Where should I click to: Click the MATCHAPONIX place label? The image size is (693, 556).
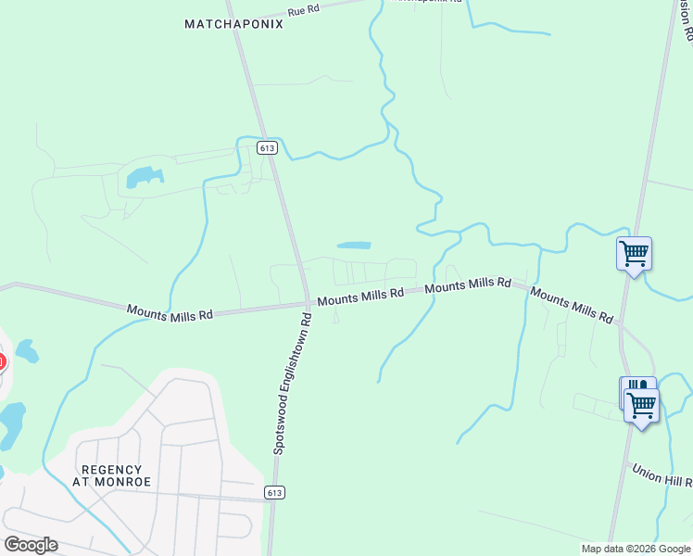click(x=233, y=24)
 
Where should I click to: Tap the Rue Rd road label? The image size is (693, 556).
click(x=303, y=11)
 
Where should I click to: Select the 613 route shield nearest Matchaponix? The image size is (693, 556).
click(x=267, y=148)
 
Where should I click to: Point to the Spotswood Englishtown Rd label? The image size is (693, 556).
click(x=291, y=382)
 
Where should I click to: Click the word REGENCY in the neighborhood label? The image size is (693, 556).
click(x=111, y=470)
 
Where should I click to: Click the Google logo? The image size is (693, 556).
click(x=31, y=544)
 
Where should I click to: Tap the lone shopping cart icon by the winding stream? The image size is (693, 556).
click(x=634, y=253)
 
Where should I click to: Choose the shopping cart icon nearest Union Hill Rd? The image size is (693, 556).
click(x=641, y=404)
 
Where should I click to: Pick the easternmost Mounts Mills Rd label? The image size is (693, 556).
click(x=573, y=306)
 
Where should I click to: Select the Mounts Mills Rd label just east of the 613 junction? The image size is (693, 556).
click(x=360, y=296)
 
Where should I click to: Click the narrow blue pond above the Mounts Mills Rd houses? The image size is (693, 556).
click(x=354, y=246)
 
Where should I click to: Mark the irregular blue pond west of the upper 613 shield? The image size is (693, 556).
click(x=144, y=176)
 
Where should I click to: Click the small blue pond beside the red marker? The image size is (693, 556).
click(x=26, y=351)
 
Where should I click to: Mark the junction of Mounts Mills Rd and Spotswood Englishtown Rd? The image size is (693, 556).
click(x=307, y=303)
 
